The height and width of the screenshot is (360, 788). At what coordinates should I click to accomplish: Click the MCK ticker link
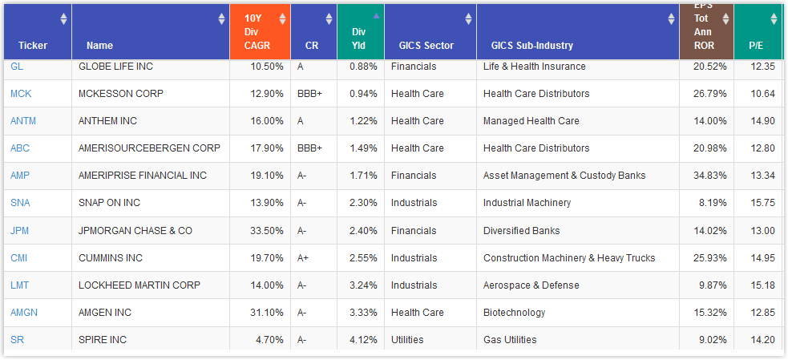(22, 94)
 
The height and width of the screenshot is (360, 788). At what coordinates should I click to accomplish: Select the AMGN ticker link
(24, 313)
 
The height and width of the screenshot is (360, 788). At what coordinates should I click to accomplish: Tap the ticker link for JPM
(20, 231)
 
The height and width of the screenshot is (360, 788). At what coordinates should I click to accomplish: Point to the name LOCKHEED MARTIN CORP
(139, 285)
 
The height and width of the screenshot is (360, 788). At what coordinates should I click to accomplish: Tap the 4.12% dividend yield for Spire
(364, 340)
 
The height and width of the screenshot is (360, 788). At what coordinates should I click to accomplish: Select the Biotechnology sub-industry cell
(514, 313)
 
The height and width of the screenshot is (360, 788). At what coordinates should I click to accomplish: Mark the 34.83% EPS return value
(709, 176)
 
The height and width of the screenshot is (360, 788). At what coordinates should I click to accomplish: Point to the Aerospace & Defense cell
(531, 285)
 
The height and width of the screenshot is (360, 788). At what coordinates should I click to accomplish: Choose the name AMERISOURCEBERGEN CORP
(149, 148)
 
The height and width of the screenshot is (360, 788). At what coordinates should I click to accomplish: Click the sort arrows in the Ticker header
(63, 19)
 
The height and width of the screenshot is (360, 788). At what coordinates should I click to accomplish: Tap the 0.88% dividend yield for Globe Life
(364, 67)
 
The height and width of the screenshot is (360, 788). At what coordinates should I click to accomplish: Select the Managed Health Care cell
(531, 121)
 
